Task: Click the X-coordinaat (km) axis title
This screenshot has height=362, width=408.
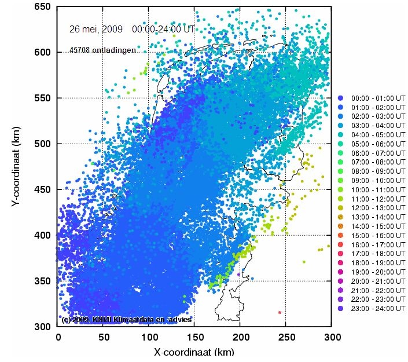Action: point(194,352)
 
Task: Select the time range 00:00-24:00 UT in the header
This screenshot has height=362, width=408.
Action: point(164,28)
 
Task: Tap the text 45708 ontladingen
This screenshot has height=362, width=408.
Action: point(102,50)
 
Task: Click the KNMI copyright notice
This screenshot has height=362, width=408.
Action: point(126,319)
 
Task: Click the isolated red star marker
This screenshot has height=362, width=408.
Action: point(280,312)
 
